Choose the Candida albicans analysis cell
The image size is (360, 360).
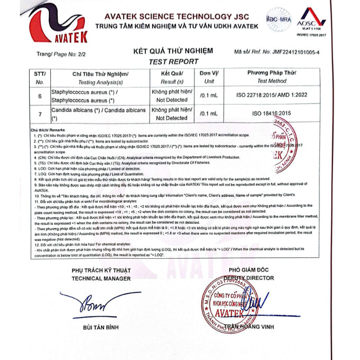(x=98, y=113)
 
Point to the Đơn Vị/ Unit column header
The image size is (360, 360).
(x=209, y=77)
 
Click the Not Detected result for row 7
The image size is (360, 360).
(x=172, y=118)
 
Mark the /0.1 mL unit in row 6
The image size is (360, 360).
(x=209, y=96)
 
